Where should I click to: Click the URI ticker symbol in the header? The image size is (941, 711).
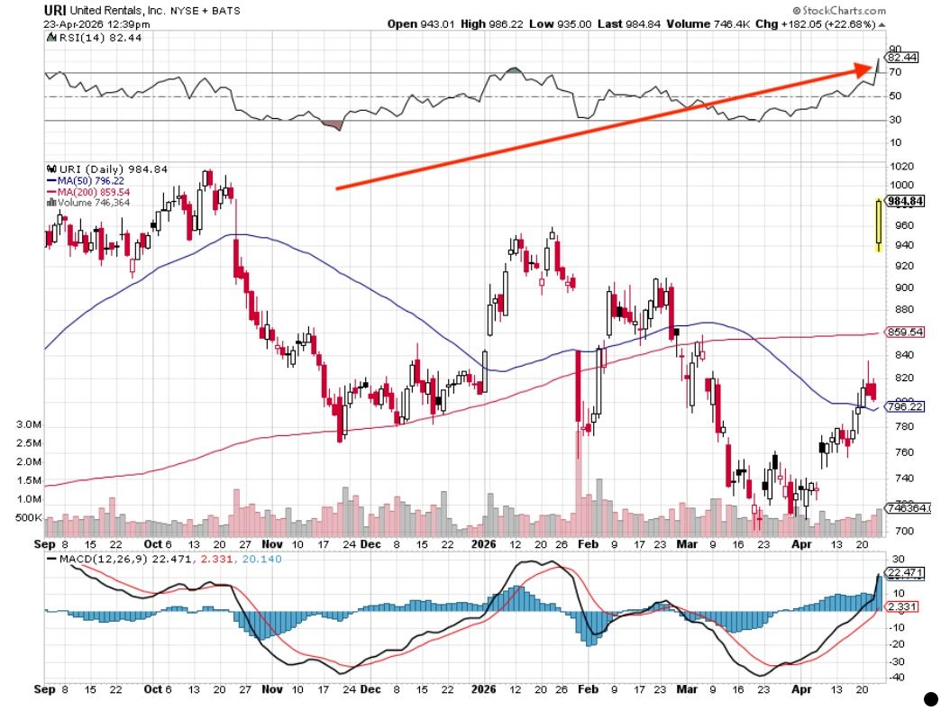pyautogui.click(x=55, y=10)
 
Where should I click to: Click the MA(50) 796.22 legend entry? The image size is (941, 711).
pyautogui.click(x=91, y=180)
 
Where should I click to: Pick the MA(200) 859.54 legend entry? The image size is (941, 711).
pyautogui.click(x=94, y=192)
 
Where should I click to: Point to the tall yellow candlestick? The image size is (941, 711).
pyautogui.click(x=878, y=225)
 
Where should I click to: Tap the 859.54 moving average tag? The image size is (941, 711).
pyautogui.click(x=905, y=332)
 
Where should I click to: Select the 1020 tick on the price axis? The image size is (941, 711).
pyautogui.click(x=901, y=167)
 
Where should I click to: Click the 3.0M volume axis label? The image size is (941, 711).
pyautogui.click(x=29, y=424)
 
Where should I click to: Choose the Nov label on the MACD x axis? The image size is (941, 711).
pyautogui.click(x=272, y=690)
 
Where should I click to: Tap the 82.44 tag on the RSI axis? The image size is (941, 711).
pyautogui.click(x=903, y=57)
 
